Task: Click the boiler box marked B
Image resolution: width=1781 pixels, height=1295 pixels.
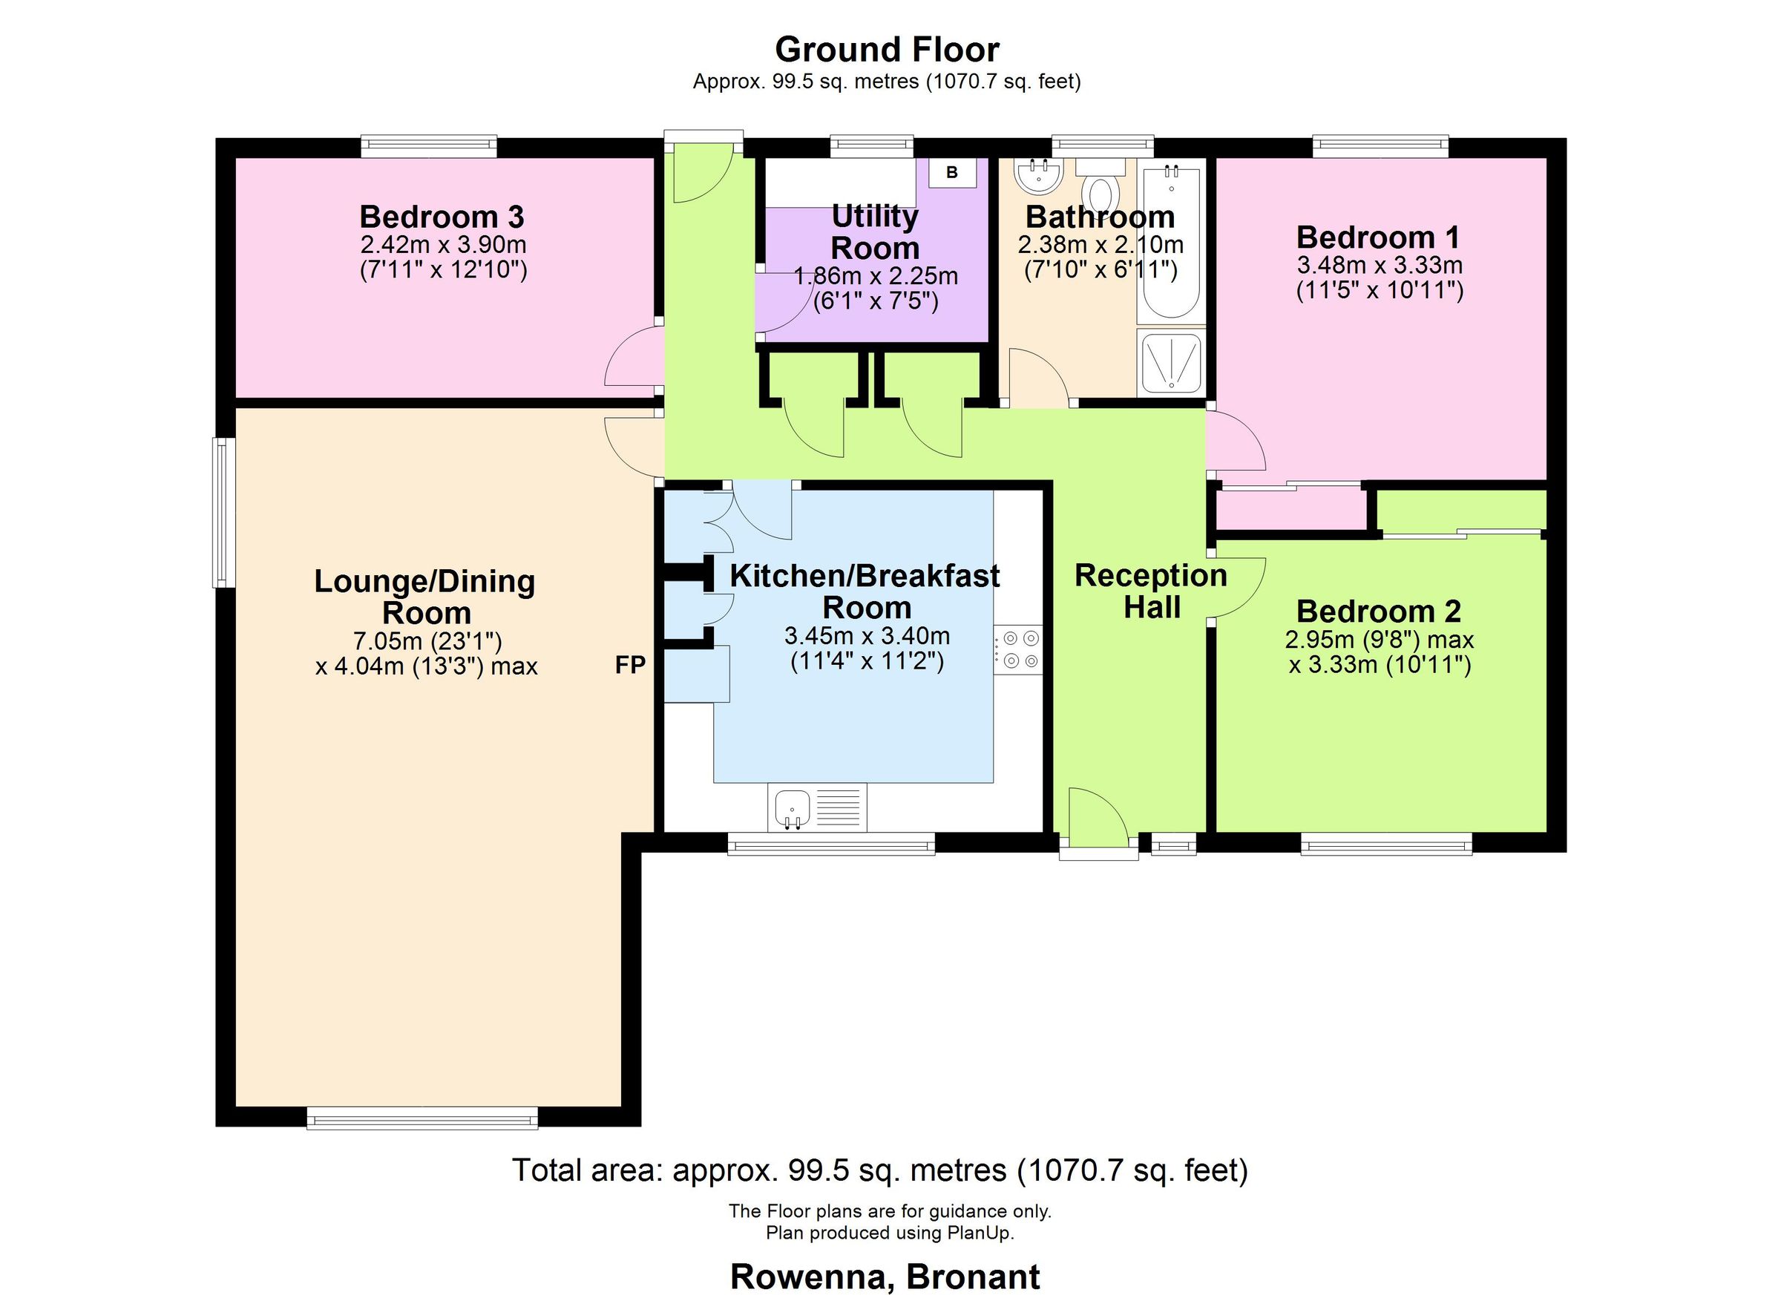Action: (952, 173)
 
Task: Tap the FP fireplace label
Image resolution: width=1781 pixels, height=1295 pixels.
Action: (631, 666)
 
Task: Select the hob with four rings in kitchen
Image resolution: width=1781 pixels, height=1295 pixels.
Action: (1018, 649)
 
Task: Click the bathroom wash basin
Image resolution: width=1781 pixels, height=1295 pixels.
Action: (1038, 176)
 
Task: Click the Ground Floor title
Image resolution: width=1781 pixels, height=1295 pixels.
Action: (887, 50)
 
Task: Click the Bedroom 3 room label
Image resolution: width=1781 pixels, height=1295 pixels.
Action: (442, 217)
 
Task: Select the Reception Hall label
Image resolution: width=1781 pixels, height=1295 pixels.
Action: (1150, 591)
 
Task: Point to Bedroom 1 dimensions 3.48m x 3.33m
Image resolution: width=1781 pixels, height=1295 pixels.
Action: (1379, 265)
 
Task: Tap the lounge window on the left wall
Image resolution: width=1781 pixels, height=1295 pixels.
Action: (224, 512)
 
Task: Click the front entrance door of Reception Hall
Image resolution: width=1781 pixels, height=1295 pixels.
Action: (1098, 822)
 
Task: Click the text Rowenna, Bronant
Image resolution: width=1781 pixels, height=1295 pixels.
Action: (885, 1276)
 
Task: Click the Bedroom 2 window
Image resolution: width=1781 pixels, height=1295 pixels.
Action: (1386, 846)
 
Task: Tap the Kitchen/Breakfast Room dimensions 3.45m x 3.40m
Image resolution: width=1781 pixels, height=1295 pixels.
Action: (867, 635)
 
